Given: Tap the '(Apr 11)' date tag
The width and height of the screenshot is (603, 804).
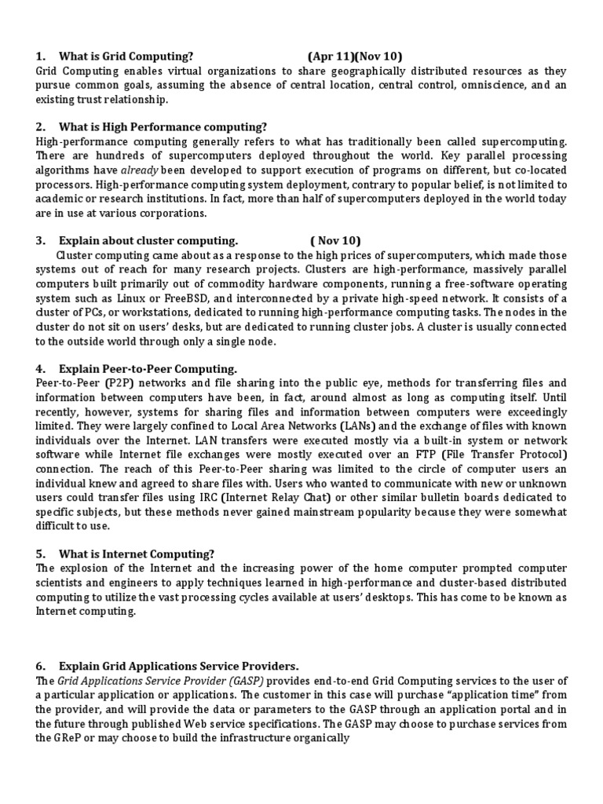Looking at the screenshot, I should (331, 56).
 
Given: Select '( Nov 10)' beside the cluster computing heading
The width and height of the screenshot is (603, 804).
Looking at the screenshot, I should (335, 240).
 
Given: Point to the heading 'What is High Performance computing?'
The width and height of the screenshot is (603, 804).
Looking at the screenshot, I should (163, 126).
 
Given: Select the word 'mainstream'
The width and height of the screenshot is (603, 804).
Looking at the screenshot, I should (324, 512).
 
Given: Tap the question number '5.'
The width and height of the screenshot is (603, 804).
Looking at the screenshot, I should (41, 554).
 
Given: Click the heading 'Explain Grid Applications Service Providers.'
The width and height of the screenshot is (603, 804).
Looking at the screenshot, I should (178, 666).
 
